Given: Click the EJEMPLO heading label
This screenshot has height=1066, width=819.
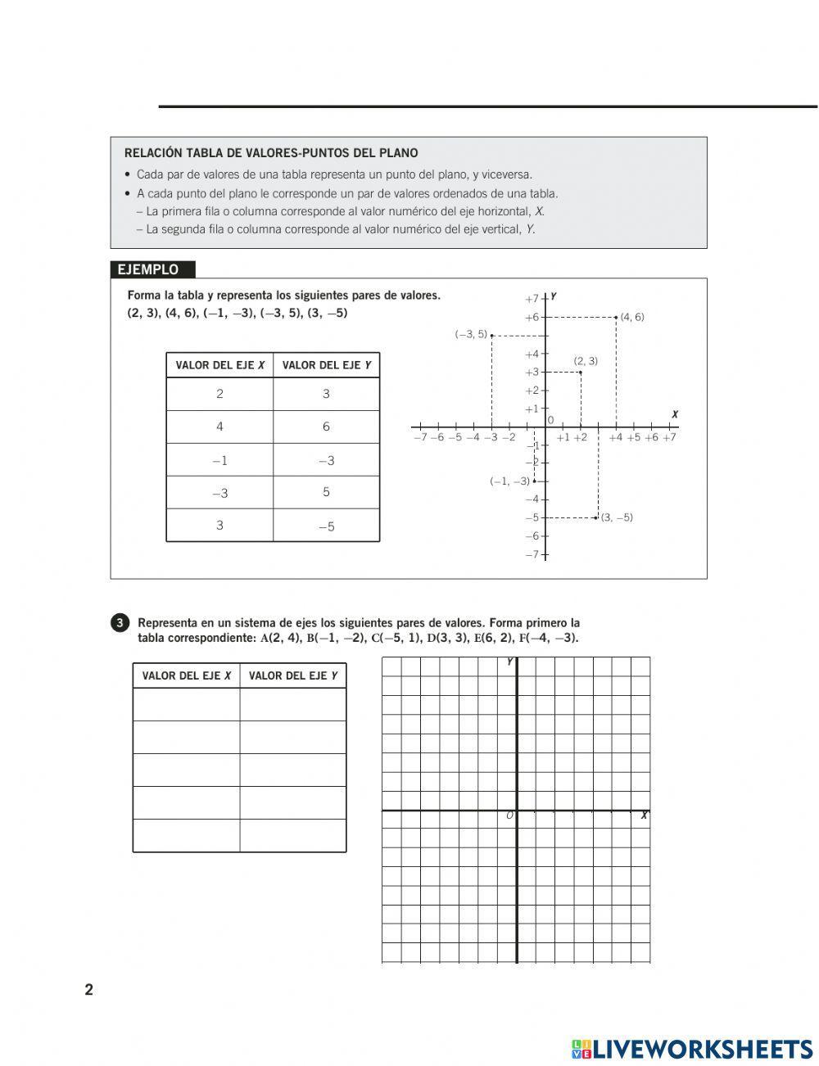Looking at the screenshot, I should click(148, 269).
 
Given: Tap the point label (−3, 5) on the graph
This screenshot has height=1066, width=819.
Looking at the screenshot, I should click(471, 334).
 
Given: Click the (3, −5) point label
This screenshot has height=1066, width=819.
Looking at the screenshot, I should click(617, 517).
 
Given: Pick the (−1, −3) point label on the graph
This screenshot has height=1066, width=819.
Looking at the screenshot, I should click(509, 481).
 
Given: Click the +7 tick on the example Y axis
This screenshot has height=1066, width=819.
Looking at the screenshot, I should click(532, 299).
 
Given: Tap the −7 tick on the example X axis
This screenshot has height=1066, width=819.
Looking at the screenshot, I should click(420, 437).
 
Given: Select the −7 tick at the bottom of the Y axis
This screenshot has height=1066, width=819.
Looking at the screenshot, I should click(532, 554).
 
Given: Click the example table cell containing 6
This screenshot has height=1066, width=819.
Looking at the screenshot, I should click(326, 427).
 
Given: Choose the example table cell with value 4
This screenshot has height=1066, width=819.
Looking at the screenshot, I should click(219, 427).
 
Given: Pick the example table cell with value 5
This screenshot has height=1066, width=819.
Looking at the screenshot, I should click(326, 492).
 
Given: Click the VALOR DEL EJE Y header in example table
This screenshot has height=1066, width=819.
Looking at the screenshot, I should click(326, 365).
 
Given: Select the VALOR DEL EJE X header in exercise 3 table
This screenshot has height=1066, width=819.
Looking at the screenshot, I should click(186, 675).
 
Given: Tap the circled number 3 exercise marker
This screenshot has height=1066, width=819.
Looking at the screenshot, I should click(120, 623).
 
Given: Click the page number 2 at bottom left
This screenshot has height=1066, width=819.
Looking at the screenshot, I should click(89, 989).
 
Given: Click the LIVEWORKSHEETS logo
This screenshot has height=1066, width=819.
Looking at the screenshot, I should click(692, 1049).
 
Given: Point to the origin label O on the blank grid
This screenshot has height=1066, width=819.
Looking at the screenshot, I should click(509, 815).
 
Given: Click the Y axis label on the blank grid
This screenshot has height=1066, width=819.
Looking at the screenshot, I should click(509, 662).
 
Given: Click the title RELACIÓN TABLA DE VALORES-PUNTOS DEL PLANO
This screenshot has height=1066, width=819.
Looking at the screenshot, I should click(271, 153).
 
